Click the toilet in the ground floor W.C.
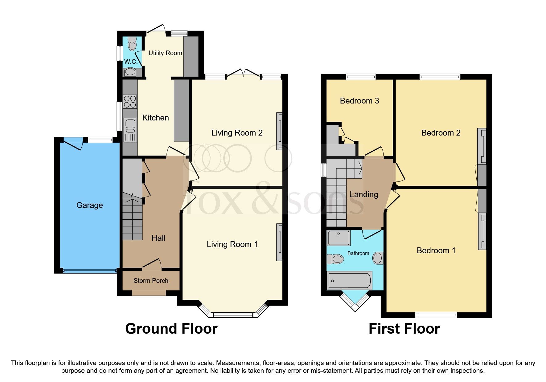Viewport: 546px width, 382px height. (x=132, y=44)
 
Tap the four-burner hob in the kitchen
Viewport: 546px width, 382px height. (x=130, y=102)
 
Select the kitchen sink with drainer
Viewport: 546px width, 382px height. (x=130, y=130)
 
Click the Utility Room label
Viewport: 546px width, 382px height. (x=165, y=53)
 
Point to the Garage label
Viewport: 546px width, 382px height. (x=89, y=205)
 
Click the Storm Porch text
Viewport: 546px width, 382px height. (x=151, y=281)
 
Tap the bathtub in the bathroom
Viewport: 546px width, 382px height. (x=349, y=280)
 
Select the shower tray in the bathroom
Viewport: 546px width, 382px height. (x=339, y=238)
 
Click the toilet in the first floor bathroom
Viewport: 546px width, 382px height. (x=335, y=259)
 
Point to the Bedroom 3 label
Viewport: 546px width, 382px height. (x=359, y=101)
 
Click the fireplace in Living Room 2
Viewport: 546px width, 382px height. (x=279, y=131)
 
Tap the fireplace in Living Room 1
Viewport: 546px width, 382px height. (x=279, y=242)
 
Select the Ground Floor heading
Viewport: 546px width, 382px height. (x=171, y=329)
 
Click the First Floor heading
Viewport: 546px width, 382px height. (x=404, y=329)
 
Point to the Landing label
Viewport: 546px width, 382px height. (x=363, y=194)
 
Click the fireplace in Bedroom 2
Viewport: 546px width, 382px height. (x=482, y=146)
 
